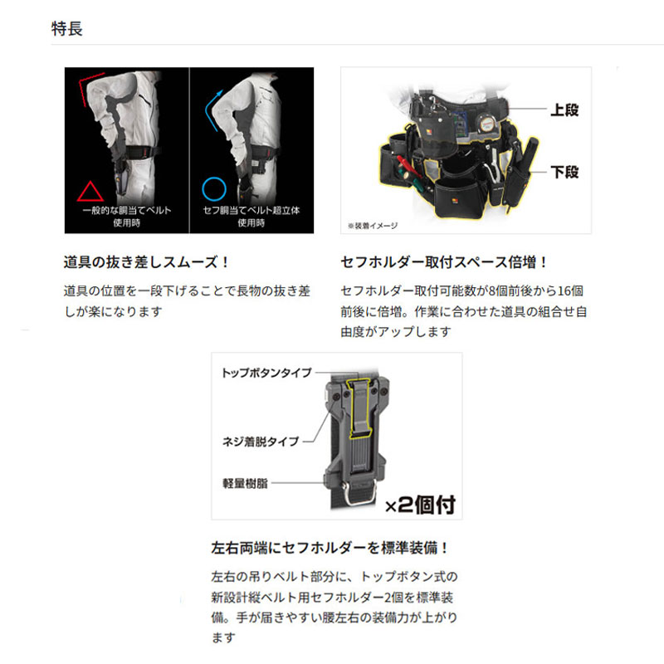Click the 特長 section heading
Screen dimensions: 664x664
coord(67,28)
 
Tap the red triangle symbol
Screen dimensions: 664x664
coord(87,191)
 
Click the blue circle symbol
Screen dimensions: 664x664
coord(214,189)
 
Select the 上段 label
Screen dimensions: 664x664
coord(564,110)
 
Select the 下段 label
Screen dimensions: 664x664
coord(564,173)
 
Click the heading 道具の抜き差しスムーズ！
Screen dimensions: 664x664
coord(147,262)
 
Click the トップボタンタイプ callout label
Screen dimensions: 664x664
coord(266,373)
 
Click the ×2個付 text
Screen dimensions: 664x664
coord(422,502)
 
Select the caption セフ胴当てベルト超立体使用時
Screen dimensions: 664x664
coord(250,217)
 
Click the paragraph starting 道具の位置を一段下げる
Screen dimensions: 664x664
coord(187,301)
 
